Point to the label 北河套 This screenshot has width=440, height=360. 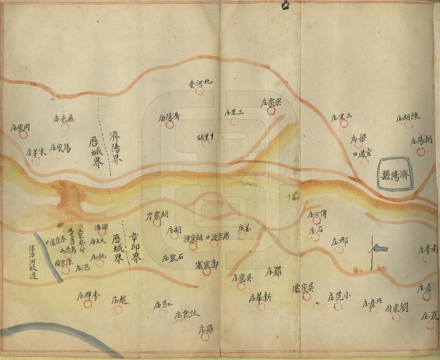click(x=200, y=82)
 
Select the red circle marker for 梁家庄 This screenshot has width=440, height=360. click(x=271, y=111)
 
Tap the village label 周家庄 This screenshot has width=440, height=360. click(x=20, y=127)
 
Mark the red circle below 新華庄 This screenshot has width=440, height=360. click(x=261, y=307)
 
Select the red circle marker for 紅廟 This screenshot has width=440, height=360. click(x=162, y=314)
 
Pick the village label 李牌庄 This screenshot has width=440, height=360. click(x=90, y=295)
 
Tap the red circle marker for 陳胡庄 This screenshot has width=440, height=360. click(x=409, y=125)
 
